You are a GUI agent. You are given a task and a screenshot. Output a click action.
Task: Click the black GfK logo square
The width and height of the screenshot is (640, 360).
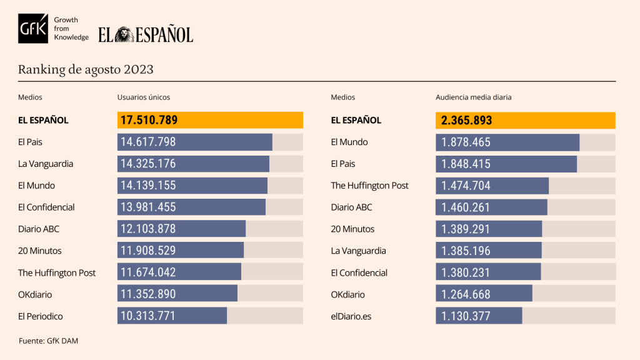(32, 29)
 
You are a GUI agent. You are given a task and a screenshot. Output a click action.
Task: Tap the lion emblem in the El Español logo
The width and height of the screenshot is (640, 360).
(123, 34)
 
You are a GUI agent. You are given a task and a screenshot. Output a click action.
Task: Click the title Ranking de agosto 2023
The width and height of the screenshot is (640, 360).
(86, 69)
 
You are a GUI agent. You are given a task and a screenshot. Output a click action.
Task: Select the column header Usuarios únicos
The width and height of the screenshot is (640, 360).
(144, 97)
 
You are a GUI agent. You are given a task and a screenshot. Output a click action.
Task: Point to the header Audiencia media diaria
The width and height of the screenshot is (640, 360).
(474, 97)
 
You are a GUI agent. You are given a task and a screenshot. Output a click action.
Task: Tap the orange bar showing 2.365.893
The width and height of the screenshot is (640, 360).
(525, 120)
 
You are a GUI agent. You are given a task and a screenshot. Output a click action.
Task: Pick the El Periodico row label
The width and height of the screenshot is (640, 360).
(41, 316)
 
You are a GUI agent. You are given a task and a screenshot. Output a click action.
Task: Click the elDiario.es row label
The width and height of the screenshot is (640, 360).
(351, 316)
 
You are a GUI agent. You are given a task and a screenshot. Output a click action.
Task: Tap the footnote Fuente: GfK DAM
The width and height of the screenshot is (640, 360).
(48, 341)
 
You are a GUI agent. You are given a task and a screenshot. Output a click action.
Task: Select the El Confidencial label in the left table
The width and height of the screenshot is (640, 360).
(46, 207)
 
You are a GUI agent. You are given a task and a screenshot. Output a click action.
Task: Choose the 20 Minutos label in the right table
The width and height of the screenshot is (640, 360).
(352, 229)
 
